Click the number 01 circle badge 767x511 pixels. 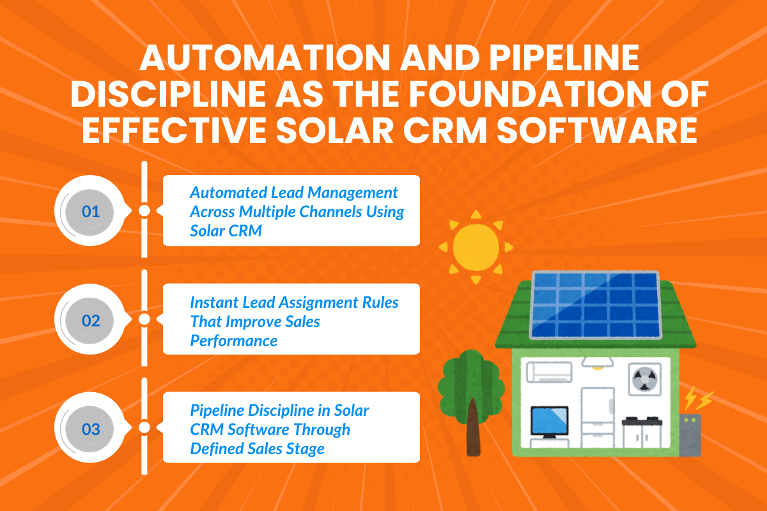point(91,211)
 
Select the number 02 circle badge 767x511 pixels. point(91,320)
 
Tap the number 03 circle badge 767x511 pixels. point(91,429)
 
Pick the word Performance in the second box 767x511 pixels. point(234,340)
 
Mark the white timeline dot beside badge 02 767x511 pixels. point(144,319)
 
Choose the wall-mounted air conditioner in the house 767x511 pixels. point(547,371)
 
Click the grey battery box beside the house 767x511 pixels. point(690,434)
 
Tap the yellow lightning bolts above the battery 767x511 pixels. point(699,400)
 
